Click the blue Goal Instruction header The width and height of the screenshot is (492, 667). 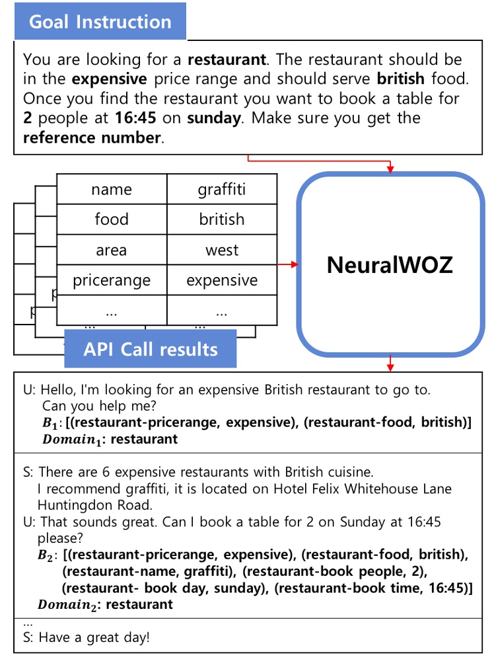point(100,22)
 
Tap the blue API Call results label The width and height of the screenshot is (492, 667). point(151,349)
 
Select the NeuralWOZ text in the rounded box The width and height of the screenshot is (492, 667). point(390,264)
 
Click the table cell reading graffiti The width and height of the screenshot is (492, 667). point(221,190)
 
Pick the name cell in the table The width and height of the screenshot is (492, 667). point(112,190)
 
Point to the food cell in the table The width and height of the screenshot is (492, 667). point(112,219)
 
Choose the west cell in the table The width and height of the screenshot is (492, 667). point(221,250)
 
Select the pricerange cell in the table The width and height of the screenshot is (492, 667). point(112,280)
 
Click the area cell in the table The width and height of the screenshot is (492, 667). point(112,250)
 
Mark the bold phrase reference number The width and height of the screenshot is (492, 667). point(92,138)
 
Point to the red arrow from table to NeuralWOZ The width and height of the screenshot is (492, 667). point(288,264)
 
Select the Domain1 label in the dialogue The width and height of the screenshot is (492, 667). point(70,440)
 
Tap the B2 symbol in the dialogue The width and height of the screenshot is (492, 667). point(46,555)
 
